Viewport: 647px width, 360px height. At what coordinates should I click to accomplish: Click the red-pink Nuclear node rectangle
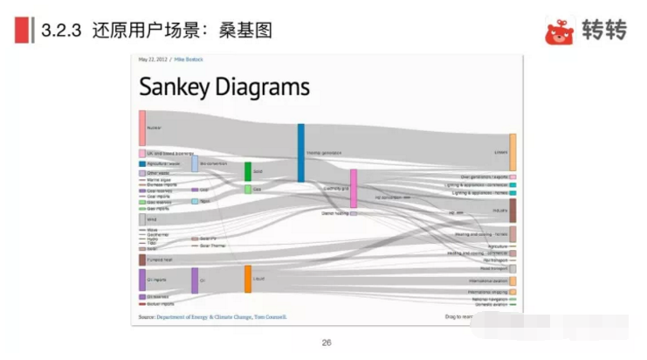pos(142,128)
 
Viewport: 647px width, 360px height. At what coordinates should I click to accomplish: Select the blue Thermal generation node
pos(301,153)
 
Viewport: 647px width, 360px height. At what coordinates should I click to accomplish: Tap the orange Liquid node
pos(248,279)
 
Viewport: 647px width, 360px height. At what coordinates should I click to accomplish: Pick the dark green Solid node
pos(248,171)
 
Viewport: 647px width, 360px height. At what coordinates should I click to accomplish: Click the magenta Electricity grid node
pos(354,189)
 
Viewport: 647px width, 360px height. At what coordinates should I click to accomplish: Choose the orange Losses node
pos(513,152)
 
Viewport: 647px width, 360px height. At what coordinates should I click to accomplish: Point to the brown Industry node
pos(513,211)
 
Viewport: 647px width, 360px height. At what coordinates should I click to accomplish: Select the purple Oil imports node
pos(142,280)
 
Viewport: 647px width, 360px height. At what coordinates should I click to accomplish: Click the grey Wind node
pos(142,219)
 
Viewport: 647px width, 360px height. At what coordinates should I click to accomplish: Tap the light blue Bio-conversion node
pos(195,163)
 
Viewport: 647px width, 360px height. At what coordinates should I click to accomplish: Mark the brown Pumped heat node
pos(142,260)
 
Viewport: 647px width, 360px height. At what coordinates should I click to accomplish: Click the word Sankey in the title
pos(178,87)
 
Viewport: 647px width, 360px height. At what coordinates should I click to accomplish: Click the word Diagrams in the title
pos(265,87)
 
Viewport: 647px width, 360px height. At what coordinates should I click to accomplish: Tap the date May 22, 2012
pos(153,59)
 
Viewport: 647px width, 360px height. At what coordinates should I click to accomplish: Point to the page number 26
pos(327,343)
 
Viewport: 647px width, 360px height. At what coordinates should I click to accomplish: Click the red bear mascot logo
pos(560,31)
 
